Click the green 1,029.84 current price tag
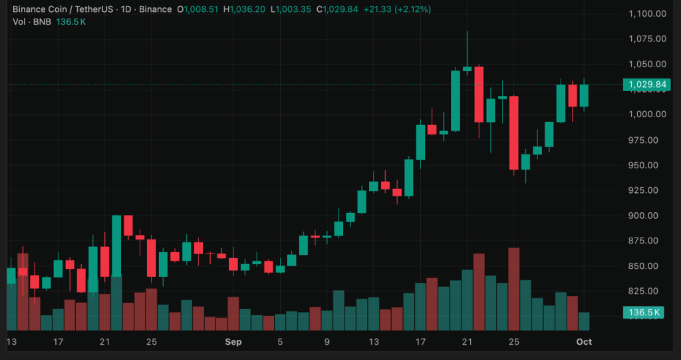(x=644, y=85)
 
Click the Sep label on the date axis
(x=233, y=342)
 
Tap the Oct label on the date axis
(x=584, y=342)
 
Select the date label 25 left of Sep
(x=151, y=342)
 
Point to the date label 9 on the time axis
(x=327, y=342)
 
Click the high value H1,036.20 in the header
(x=246, y=9)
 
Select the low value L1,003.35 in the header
(x=294, y=9)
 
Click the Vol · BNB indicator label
(x=34, y=22)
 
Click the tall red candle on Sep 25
(x=513, y=133)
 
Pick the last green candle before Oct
(x=584, y=96)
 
